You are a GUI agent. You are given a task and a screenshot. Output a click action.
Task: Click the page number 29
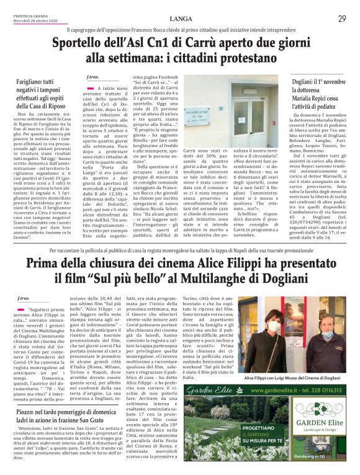(341, 19)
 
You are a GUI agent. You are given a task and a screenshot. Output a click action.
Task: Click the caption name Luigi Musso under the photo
(297, 378)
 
